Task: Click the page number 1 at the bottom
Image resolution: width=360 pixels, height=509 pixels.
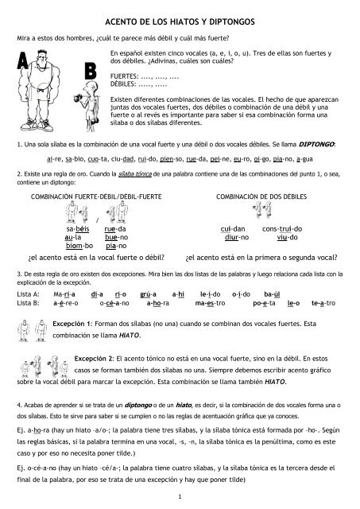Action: (180, 498)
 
